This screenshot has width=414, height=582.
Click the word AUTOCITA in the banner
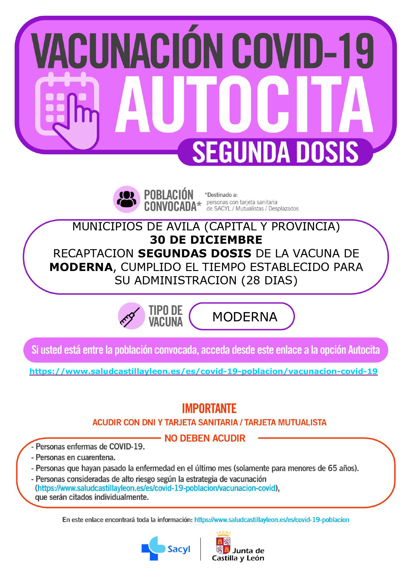pos(244,105)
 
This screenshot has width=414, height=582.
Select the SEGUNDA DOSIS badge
pos(275,152)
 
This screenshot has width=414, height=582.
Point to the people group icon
pos(127,199)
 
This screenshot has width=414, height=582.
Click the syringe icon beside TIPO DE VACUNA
pos(131,316)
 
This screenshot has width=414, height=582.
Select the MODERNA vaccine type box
pos(242,316)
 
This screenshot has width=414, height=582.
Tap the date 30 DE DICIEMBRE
pos(206,240)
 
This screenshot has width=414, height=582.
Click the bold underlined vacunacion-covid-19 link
pos(203,371)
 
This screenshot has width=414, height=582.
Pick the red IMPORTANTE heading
pos(209,408)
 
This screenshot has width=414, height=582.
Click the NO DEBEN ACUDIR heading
pos(205,438)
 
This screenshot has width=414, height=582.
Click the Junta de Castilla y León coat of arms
pos(223,545)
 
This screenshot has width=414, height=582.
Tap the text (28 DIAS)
pos(269,280)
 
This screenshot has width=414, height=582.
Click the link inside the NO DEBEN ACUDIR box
pos(156,488)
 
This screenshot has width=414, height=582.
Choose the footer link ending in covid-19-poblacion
pos(272,520)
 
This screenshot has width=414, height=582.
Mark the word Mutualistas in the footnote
pos(249,209)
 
